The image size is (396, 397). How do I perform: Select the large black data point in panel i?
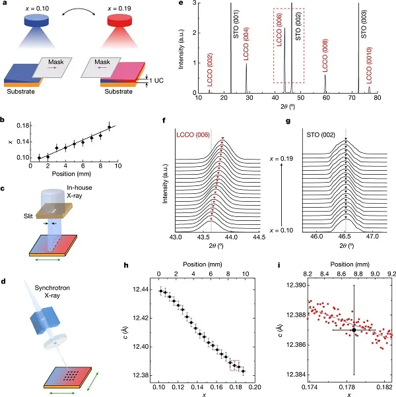354,329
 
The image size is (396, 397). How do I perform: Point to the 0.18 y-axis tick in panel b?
21,125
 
